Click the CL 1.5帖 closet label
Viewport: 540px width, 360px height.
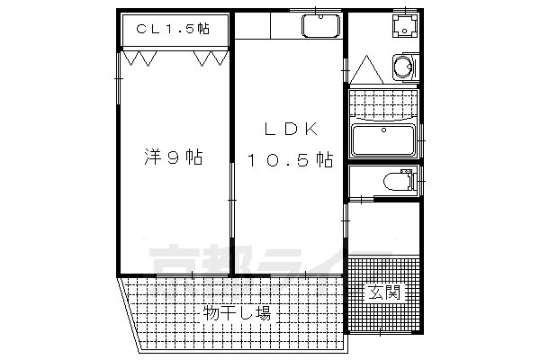tap(174, 29)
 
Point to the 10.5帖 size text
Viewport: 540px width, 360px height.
tap(291, 160)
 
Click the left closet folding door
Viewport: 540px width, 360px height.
tap(142, 58)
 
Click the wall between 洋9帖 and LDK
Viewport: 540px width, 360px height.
tap(232, 162)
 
